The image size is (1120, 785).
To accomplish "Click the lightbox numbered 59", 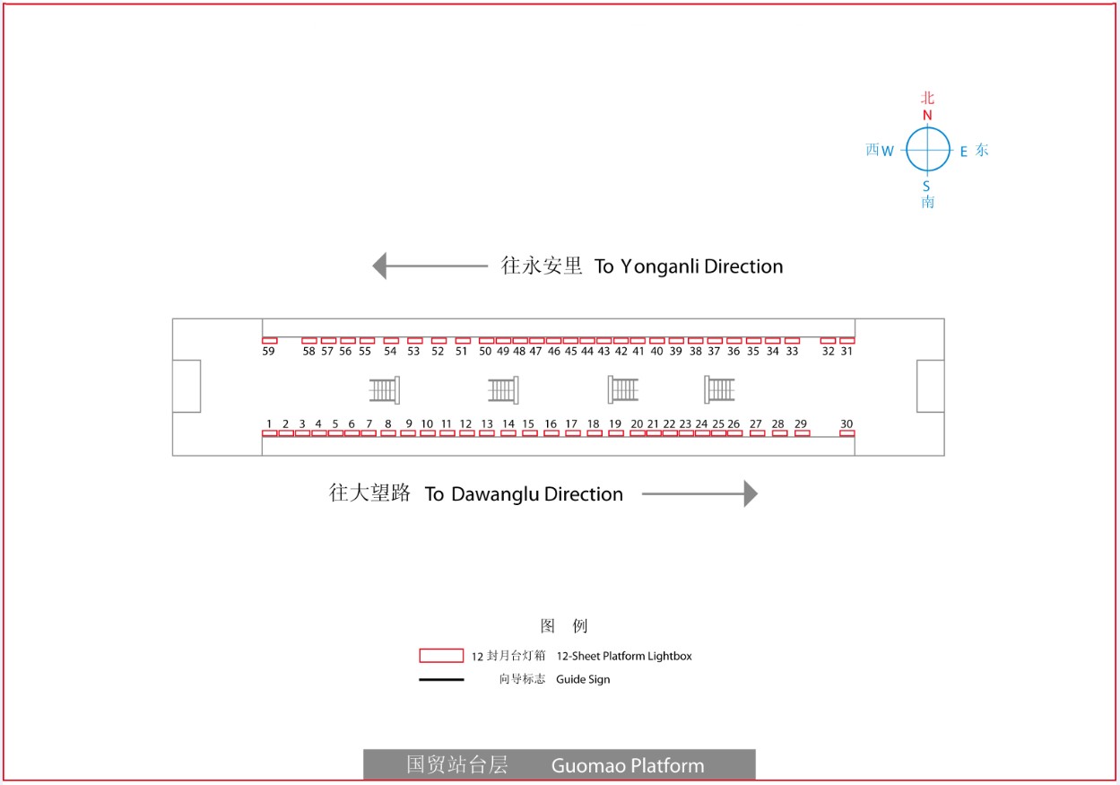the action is (x=270, y=340).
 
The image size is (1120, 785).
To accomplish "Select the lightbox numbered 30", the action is (x=847, y=433).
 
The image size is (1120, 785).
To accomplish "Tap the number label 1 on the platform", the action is (x=269, y=423).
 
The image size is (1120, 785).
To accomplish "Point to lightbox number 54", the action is (x=391, y=340).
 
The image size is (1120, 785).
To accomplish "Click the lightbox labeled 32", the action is (x=828, y=340).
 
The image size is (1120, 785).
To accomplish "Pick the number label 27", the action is (x=756, y=423).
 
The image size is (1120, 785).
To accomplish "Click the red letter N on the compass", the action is (x=927, y=115).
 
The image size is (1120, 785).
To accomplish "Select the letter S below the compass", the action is (x=926, y=187).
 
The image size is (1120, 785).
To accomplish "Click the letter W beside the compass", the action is (x=888, y=151).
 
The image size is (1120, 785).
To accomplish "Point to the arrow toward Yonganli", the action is (x=430, y=266).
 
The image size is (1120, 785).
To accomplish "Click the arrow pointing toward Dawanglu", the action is (x=699, y=493).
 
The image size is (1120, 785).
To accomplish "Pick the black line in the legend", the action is (x=441, y=679).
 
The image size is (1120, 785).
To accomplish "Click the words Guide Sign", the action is (x=583, y=679).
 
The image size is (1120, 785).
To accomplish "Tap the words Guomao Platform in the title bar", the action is (x=628, y=765).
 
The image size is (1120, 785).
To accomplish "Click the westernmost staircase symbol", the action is (x=384, y=390).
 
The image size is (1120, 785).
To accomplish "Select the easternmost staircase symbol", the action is (x=719, y=389).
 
